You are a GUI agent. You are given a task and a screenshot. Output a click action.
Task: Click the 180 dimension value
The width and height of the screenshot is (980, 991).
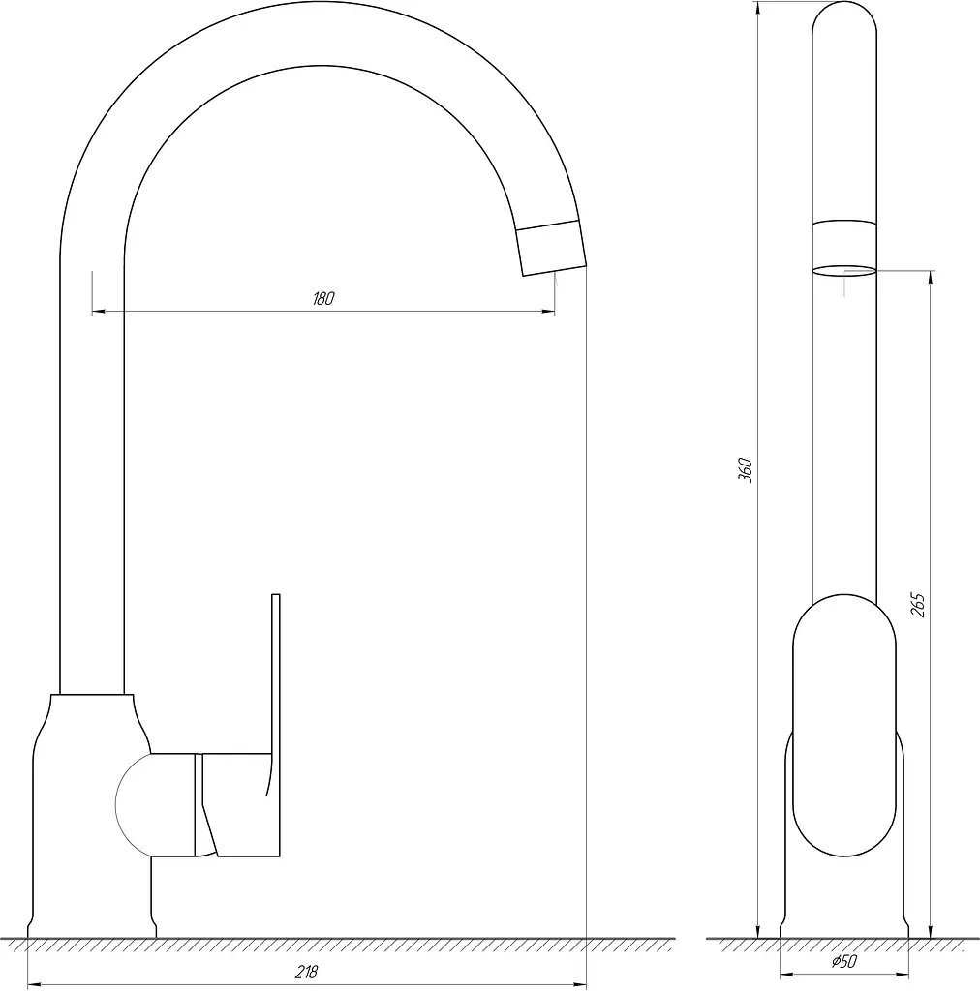tap(323, 298)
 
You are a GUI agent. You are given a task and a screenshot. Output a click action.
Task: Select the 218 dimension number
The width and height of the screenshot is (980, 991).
tap(307, 971)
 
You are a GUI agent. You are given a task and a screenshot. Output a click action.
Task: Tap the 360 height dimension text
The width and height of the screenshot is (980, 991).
tap(746, 470)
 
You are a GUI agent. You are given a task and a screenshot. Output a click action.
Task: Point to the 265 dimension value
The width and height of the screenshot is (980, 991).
tap(917, 605)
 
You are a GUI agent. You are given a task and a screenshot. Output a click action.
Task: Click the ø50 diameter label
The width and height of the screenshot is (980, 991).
tap(844, 961)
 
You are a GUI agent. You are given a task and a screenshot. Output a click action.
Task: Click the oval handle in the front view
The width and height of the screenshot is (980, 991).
tap(844, 726)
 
